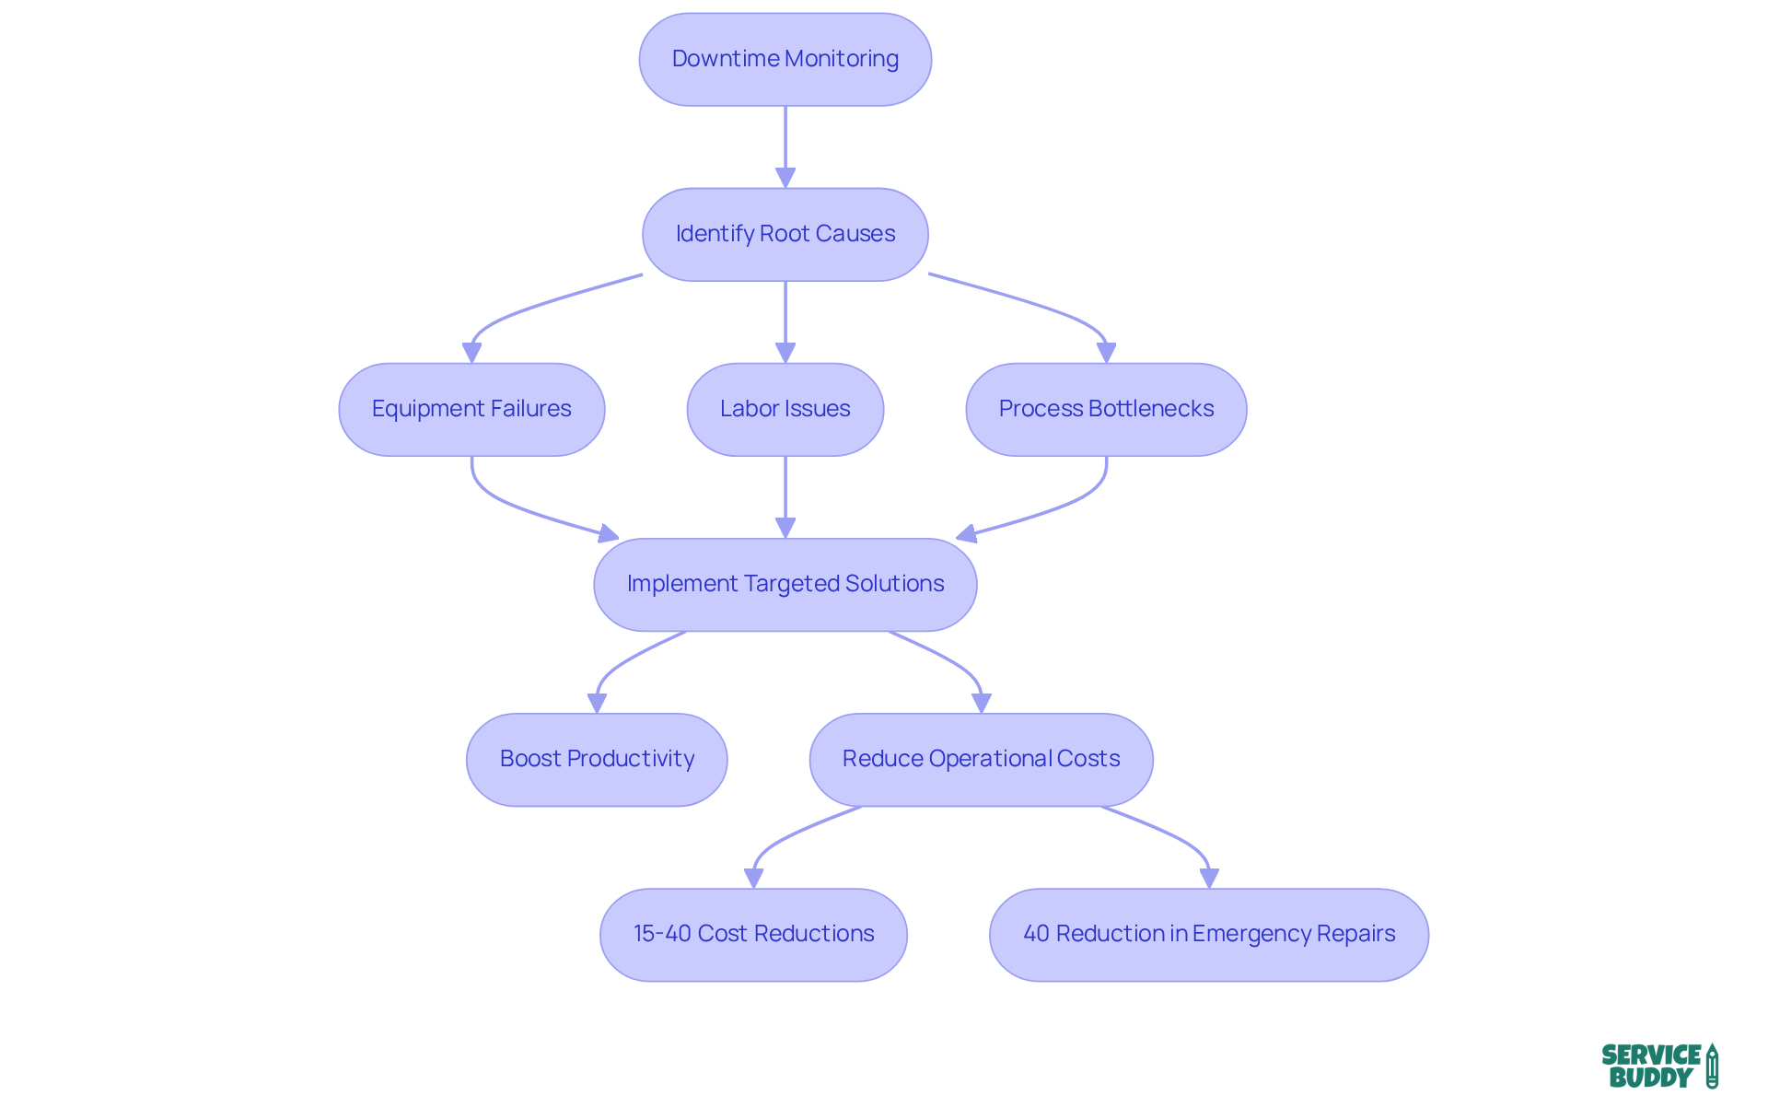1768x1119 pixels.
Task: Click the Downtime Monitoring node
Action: (785, 59)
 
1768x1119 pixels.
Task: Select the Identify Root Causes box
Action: (785, 234)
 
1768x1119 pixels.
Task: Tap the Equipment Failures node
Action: (471, 409)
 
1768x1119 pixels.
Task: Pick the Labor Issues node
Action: (785, 409)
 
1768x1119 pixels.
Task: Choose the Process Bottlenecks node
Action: (1106, 409)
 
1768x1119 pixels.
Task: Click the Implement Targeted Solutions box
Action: (785, 584)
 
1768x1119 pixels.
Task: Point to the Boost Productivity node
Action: (597, 759)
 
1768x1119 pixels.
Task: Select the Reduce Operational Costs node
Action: (981, 759)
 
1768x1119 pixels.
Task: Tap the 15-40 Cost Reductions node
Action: (753, 934)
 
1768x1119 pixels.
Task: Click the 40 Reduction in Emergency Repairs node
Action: (1208, 934)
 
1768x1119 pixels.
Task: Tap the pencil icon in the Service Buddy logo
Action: (1712, 1066)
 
